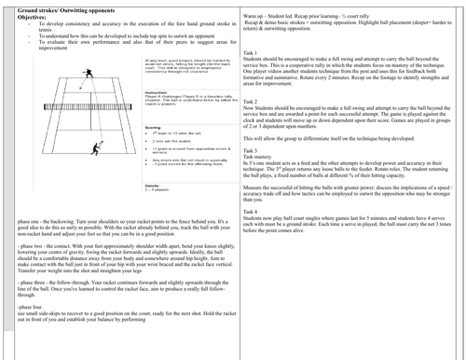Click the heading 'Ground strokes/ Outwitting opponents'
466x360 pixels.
(57, 7)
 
